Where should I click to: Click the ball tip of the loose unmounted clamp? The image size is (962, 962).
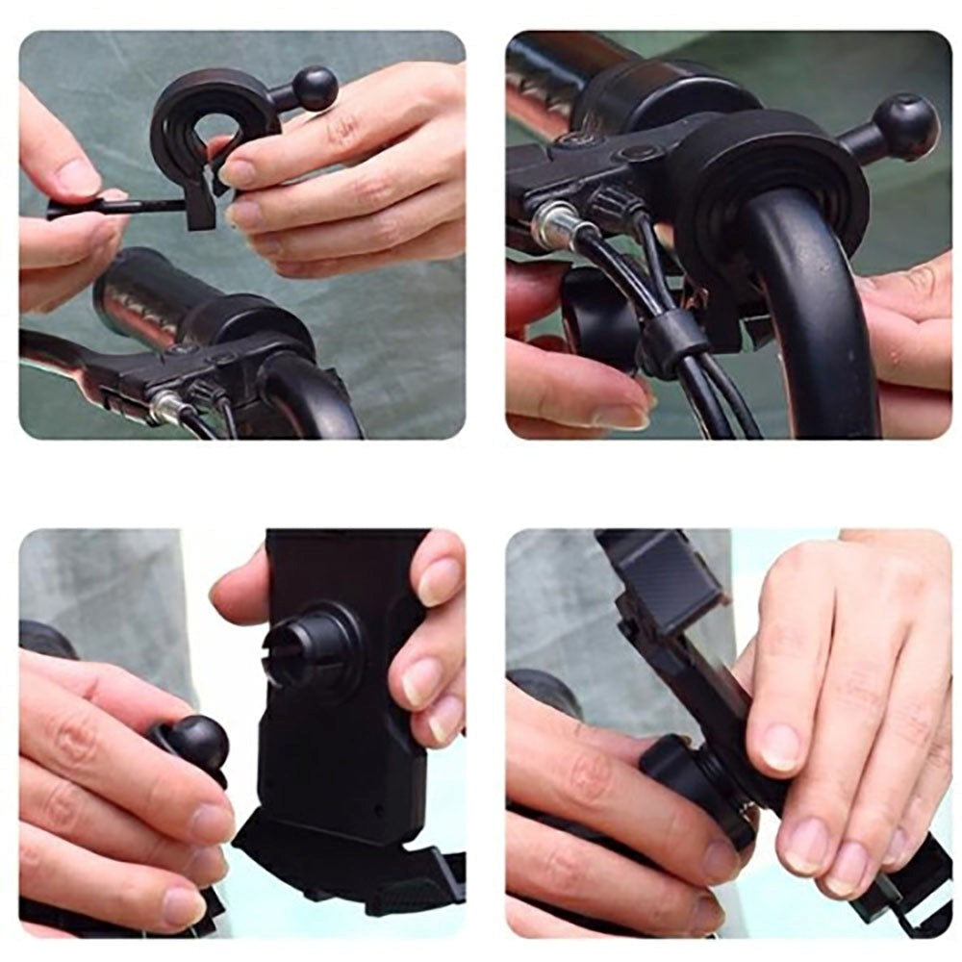(315, 89)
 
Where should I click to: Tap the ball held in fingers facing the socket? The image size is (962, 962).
(199, 743)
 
